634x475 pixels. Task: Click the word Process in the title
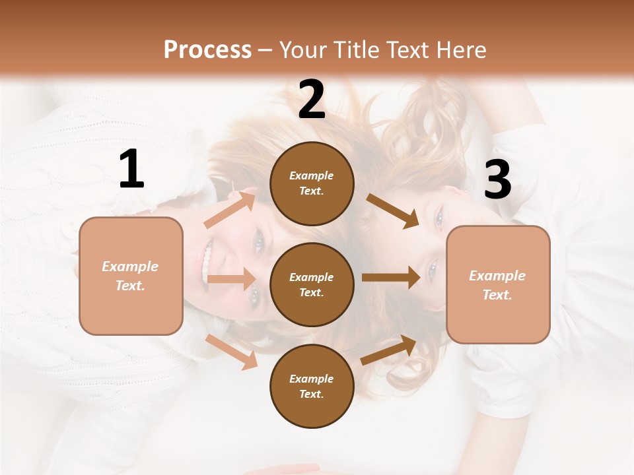tap(207, 49)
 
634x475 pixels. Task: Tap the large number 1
tap(131, 170)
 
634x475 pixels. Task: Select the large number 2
tap(312, 100)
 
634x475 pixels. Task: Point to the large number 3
tap(497, 180)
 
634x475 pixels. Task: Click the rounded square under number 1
tap(131, 276)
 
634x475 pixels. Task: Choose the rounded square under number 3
tap(498, 285)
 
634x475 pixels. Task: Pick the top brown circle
tap(312, 183)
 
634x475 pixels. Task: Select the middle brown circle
tap(312, 284)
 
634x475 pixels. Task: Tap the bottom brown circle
tap(312, 386)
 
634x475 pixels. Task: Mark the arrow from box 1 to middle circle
tap(231, 279)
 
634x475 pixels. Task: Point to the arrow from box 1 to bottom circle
tap(231, 351)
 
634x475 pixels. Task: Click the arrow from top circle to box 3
tap(392, 210)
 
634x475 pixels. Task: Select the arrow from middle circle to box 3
tap(391, 277)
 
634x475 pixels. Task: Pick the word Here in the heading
tap(460, 49)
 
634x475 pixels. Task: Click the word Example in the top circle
tap(312, 175)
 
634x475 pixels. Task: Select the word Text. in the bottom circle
tap(312, 394)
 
